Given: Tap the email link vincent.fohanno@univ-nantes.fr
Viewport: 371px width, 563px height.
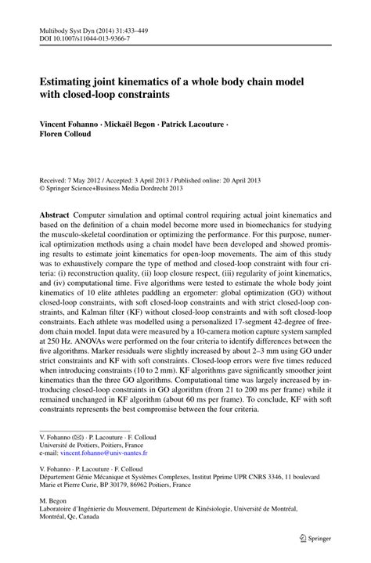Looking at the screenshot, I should click(105, 453).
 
